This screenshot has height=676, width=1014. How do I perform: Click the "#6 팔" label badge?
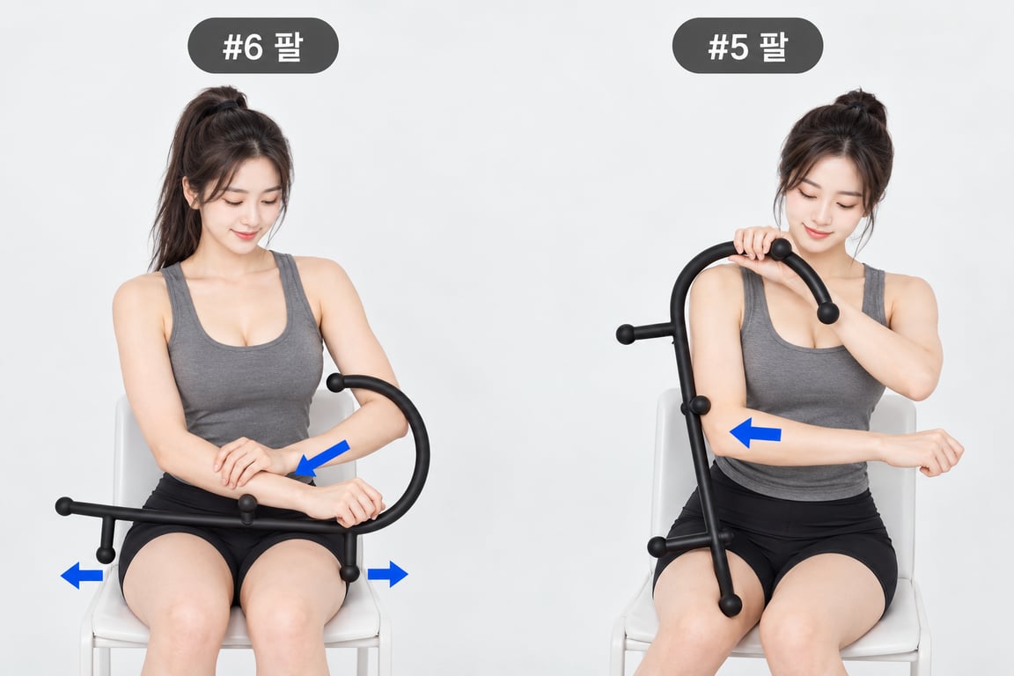(x=262, y=45)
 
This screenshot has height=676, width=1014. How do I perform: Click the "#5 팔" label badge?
(x=747, y=45)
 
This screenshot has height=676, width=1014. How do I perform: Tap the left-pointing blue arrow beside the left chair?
(x=82, y=575)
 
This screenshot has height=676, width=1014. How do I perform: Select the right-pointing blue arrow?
(x=388, y=574)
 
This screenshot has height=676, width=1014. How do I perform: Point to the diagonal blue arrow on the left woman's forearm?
(x=322, y=458)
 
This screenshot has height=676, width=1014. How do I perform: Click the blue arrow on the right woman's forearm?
(x=754, y=433)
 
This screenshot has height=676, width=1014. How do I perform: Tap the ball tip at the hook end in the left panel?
(x=335, y=383)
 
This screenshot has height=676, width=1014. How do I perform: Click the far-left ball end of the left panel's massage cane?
(x=64, y=506)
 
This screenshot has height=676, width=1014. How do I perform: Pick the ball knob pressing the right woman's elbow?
(x=699, y=406)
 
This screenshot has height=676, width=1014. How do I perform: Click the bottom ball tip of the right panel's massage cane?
(x=730, y=605)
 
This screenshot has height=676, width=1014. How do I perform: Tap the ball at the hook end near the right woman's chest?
(x=827, y=313)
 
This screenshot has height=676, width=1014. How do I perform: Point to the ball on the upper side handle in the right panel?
(x=625, y=334)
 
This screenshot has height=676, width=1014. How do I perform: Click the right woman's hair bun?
(x=861, y=105)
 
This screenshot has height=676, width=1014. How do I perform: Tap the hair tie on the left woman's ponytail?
(x=225, y=105)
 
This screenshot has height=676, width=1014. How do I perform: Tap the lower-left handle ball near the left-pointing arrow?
(x=106, y=555)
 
